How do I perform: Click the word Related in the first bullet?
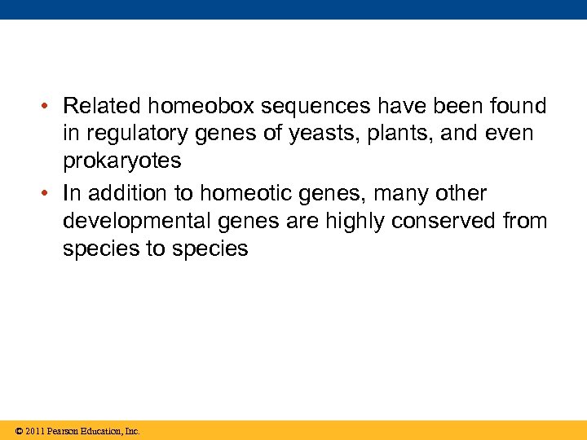(97, 106)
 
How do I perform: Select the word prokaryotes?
(122, 161)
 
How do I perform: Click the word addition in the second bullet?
(123, 194)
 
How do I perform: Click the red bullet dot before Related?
(50, 107)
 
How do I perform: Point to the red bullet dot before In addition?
(50, 195)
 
